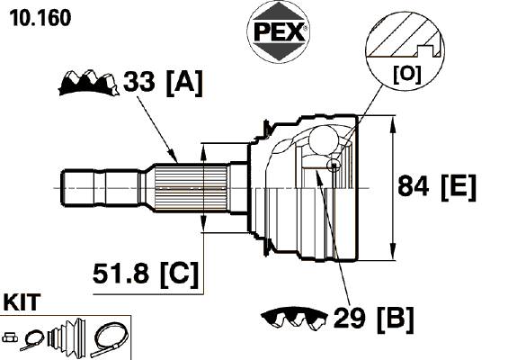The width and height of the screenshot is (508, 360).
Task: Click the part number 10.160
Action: pos(40,18)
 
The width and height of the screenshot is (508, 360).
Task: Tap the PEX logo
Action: pos(279,31)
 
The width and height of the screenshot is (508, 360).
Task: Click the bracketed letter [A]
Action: pos(184,83)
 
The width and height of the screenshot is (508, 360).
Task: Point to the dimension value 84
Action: pos(413,185)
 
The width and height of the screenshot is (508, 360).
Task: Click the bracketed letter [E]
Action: pos(459,187)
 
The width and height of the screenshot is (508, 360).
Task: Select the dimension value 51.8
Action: pos(120,273)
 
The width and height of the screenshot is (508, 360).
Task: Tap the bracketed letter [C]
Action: pos(179,274)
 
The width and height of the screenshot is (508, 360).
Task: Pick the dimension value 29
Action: pos(349,318)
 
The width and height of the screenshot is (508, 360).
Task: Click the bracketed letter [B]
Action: pos(396,319)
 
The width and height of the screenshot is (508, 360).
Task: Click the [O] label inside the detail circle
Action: pos(407,75)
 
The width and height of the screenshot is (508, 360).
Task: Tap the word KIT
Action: pos(22,302)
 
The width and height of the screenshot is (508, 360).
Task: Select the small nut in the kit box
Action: pos(10,337)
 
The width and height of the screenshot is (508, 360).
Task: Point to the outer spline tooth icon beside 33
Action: pos(88,83)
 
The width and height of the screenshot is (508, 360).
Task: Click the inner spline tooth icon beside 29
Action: pos(294,319)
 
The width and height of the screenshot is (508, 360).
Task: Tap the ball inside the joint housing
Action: pos(324,140)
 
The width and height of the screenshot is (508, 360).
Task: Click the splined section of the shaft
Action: pos(191,188)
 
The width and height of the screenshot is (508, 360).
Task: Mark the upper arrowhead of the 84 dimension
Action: pos(392,124)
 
